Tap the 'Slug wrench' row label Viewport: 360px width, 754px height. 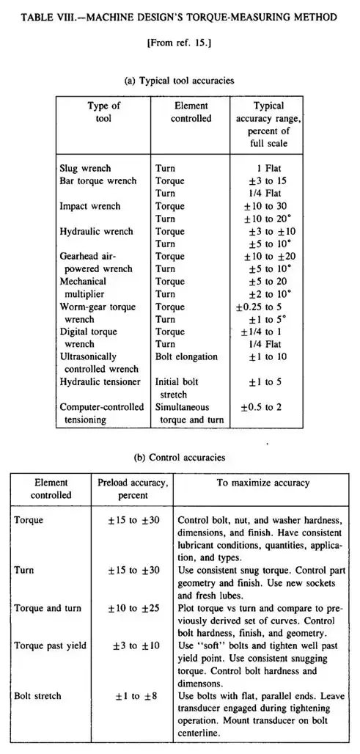point(84,167)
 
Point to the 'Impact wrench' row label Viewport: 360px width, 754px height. point(89,206)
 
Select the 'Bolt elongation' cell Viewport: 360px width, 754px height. point(186,356)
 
